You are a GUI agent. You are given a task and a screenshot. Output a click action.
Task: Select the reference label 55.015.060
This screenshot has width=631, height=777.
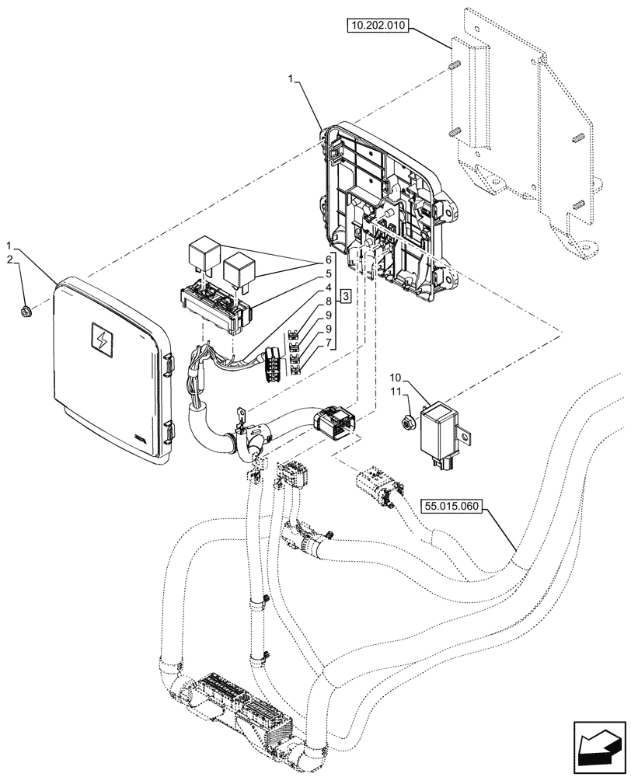452,507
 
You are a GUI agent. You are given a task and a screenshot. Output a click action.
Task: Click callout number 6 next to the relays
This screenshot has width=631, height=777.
329,259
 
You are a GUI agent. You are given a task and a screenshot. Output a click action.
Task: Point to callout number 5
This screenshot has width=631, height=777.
329,274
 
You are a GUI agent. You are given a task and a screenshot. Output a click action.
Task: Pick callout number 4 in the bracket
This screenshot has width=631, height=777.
329,287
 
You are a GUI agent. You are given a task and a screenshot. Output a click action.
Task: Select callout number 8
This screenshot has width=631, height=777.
329,301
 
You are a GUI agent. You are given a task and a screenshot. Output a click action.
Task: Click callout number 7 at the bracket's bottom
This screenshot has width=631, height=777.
329,343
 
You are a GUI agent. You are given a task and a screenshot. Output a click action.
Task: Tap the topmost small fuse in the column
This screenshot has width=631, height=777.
294,335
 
